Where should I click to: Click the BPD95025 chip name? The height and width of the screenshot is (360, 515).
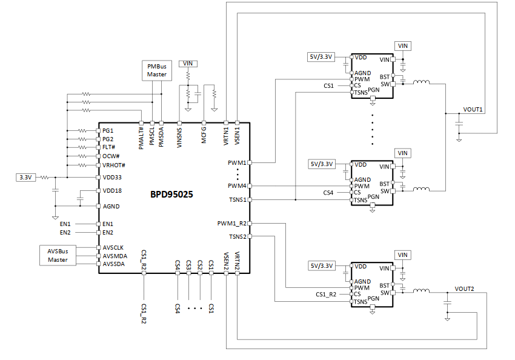(171, 194)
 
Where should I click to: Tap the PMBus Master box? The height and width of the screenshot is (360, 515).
(157, 70)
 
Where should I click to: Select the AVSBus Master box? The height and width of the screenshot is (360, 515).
(58, 255)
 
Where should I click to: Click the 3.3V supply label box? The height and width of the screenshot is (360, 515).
(25, 178)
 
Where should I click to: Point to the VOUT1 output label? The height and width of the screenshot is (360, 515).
(473, 109)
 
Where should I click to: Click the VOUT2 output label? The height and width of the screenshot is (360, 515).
(464, 288)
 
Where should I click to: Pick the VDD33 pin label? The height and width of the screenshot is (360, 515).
(112, 178)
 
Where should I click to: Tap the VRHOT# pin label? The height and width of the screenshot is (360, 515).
(114, 165)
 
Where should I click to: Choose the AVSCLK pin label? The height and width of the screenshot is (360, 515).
(113, 248)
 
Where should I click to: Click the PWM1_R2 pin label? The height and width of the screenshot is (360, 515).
(231, 224)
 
